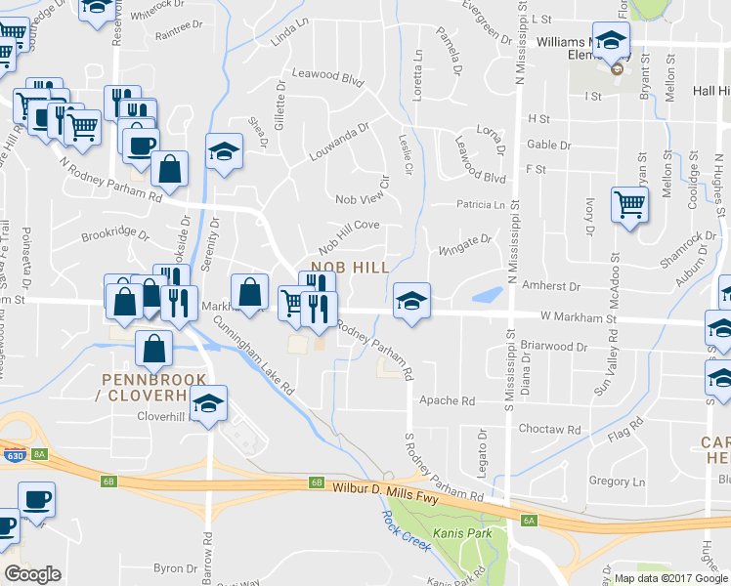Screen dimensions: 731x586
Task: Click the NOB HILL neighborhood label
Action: pyautogui.click(x=350, y=267)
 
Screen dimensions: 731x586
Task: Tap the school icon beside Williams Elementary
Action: pyautogui.click(x=611, y=42)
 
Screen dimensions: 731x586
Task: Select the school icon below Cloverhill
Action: pyautogui.click(x=207, y=404)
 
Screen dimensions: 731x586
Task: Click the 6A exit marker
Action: pyautogui.click(x=529, y=521)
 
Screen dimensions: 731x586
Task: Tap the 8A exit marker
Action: pyautogui.click(x=39, y=453)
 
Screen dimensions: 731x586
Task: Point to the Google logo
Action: pyautogui.click(x=33, y=574)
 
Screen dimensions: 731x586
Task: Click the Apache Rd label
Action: pyautogui.click(x=447, y=400)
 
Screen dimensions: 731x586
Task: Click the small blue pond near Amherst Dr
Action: pyautogui.click(x=485, y=295)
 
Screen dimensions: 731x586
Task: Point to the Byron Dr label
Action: pyautogui.click(x=176, y=567)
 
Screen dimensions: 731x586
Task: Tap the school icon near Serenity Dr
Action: pyautogui.click(x=224, y=152)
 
